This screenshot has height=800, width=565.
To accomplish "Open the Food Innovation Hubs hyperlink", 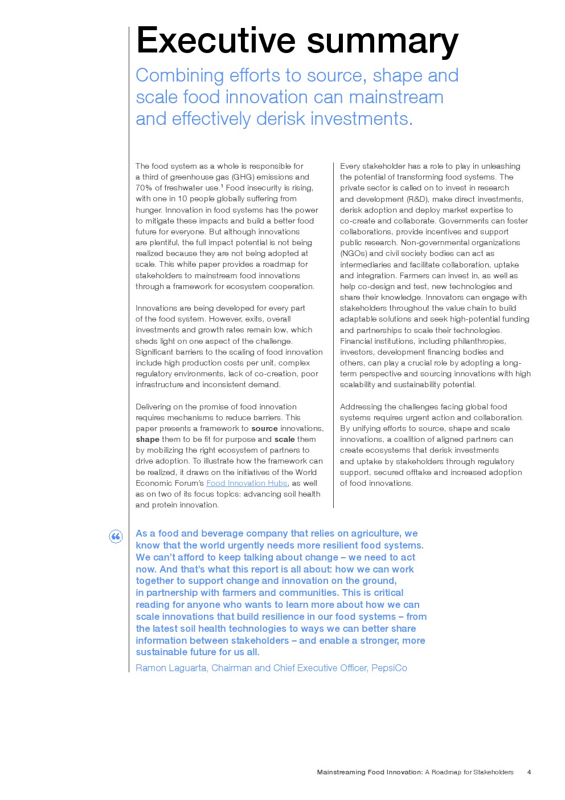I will pyautogui.click(x=247, y=483).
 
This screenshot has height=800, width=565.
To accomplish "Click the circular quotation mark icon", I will pyautogui.click(x=116, y=537).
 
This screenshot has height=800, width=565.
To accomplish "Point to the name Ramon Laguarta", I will pyautogui.click(x=171, y=668).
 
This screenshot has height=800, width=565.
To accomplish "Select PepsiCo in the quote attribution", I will pyautogui.click(x=389, y=668).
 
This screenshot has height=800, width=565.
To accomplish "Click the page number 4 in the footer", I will pyautogui.click(x=529, y=772).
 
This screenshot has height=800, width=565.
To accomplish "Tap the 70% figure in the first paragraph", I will pyautogui.click(x=144, y=188).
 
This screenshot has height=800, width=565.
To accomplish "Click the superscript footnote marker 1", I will pyautogui.click(x=222, y=186).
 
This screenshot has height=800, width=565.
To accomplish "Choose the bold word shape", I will pyautogui.click(x=148, y=440).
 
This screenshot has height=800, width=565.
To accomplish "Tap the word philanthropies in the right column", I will pyautogui.click(x=476, y=341).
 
